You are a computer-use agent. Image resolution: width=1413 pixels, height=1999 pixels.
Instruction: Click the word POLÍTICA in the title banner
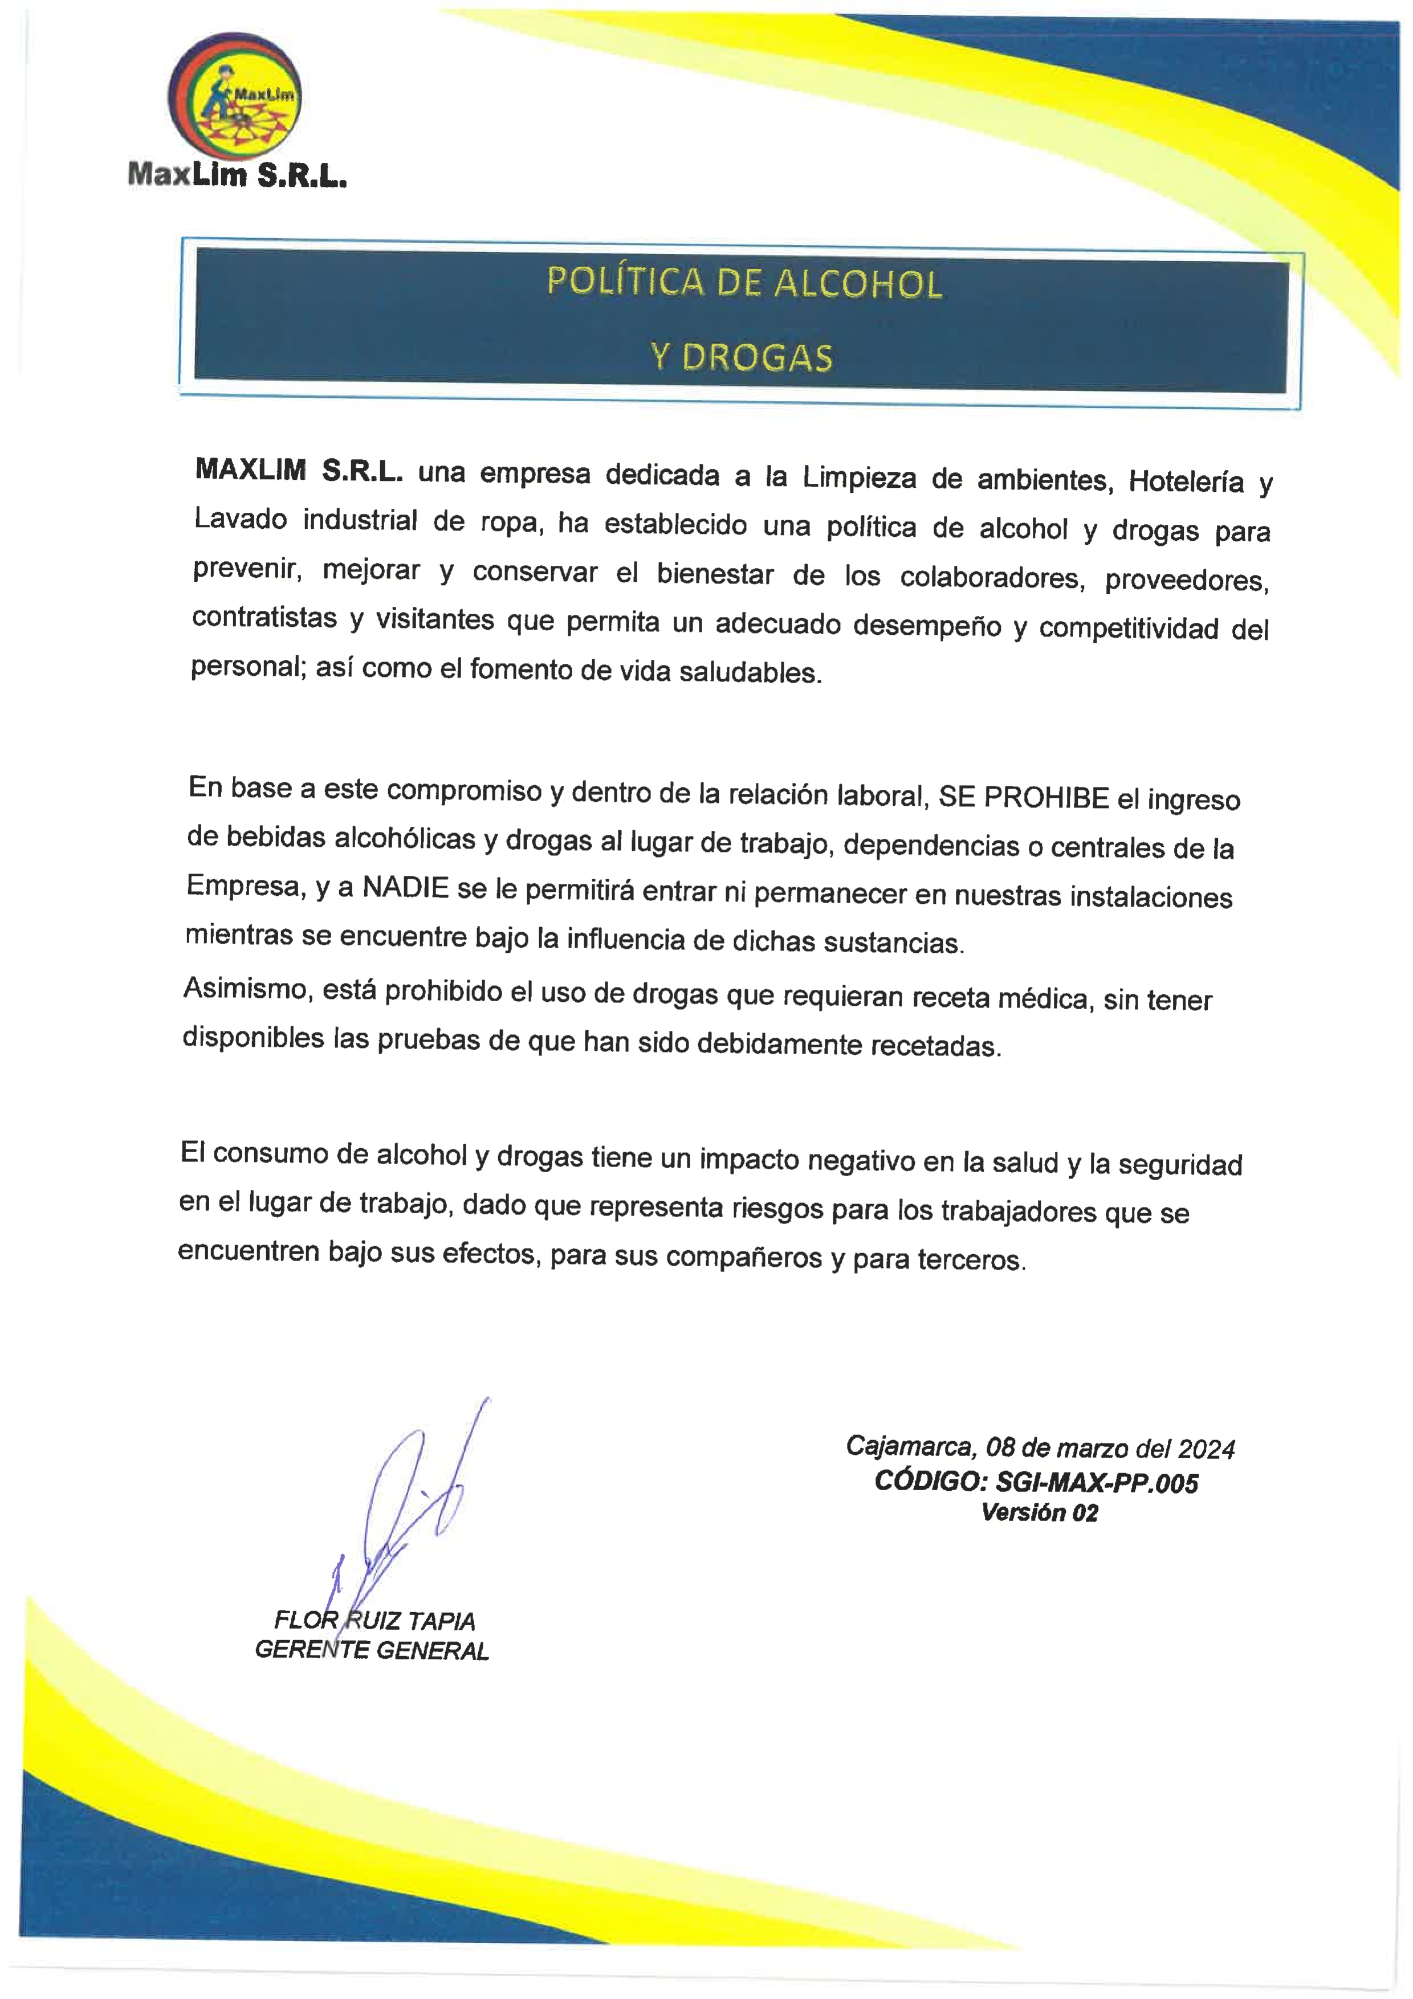point(624,282)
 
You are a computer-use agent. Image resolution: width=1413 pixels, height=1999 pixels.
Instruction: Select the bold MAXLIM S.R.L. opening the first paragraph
point(299,471)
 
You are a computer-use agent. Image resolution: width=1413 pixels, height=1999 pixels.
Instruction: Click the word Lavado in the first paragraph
point(241,520)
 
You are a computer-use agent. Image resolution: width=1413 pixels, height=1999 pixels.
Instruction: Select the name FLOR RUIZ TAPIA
point(374,1620)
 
